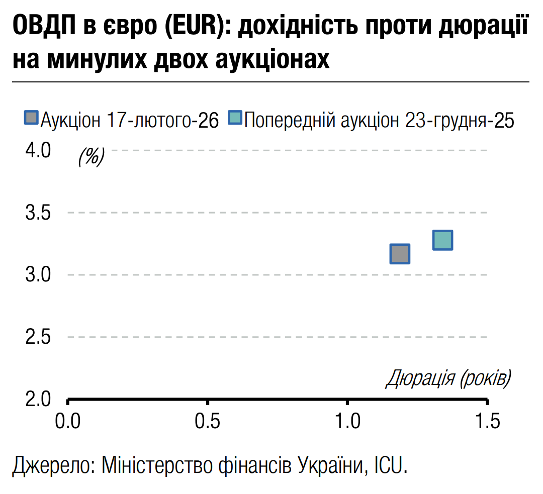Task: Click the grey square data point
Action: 400,254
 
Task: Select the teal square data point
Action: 442,240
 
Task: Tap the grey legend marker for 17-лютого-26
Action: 32,118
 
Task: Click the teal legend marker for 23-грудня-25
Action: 235,118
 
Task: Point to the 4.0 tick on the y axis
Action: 38,150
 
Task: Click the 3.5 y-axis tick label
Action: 38,213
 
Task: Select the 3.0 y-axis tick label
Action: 38,275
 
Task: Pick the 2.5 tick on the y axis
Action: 38,337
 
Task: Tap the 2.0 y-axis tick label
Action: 38,400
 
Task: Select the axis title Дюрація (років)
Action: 448,378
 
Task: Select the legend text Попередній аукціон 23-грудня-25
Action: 380,120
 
